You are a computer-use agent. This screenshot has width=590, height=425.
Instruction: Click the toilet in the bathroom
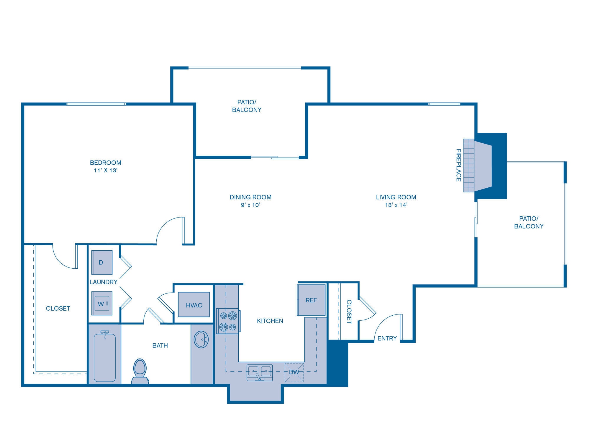click(x=140, y=371)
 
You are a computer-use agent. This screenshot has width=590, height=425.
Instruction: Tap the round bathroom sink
click(x=201, y=340)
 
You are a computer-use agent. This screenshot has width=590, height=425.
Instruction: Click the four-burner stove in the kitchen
click(x=228, y=321)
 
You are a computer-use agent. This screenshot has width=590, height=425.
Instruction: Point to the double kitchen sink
click(x=260, y=372)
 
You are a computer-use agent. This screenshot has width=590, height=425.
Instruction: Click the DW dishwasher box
click(x=294, y=372)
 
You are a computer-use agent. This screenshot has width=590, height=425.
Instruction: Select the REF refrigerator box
click(x=311, y=300)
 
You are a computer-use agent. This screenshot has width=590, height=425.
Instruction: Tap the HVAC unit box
click(x=194, y=305)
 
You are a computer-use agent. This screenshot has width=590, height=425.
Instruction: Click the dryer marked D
click(x=101, y=262)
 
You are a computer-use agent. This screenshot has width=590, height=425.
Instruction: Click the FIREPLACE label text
click(x=458, y=165)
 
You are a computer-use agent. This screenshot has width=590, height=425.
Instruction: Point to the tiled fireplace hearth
click(x=469, y=166)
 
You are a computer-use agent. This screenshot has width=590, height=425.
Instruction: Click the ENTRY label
click(x=387, y=338)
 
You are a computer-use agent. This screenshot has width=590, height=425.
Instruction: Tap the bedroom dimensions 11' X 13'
click(x=106, y=171)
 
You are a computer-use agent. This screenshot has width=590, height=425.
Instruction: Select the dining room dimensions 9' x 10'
click(x=250, y=205)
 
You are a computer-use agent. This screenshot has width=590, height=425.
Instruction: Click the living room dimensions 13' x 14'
click(x=396, y=205)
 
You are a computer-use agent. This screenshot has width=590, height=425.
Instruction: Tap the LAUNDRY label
click(x=103, y=282)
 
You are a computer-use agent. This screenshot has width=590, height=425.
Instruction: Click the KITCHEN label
click(x=270, y=321)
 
